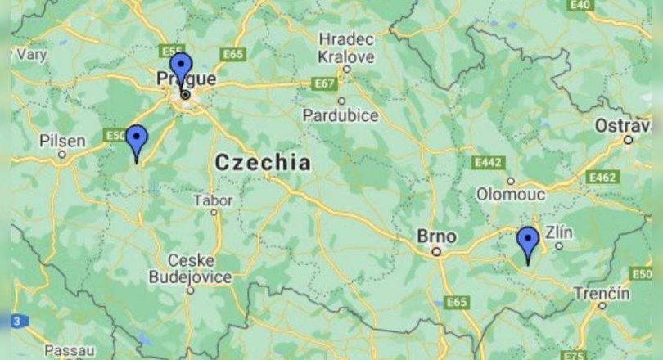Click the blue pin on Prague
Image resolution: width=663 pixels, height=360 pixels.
[x=180, y=67]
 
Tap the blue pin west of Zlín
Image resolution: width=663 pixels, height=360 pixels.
[x=528, y=242]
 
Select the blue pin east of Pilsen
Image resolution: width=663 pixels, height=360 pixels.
[x=136, y=141]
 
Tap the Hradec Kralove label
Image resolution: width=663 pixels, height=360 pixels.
[x=346, y=48]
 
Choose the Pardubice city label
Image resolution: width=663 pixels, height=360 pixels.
[x=341, y=115]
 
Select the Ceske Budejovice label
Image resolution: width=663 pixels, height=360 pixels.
[x=190, y=268]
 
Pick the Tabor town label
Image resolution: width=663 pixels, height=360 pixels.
[x=213, y=200]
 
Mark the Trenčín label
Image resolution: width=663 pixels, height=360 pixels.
[x=602, y=292]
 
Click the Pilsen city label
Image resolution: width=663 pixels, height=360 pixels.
[x=62, y=141]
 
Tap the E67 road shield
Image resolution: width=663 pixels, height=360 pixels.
[x=324, y=83]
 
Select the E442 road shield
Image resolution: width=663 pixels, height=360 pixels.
[x=488, y=164]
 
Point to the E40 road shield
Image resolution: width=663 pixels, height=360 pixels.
[x=580, y=5]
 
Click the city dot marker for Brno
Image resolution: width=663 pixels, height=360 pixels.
[x=437, y=252]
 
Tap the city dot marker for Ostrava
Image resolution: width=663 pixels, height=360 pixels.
[x=628, y=139]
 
